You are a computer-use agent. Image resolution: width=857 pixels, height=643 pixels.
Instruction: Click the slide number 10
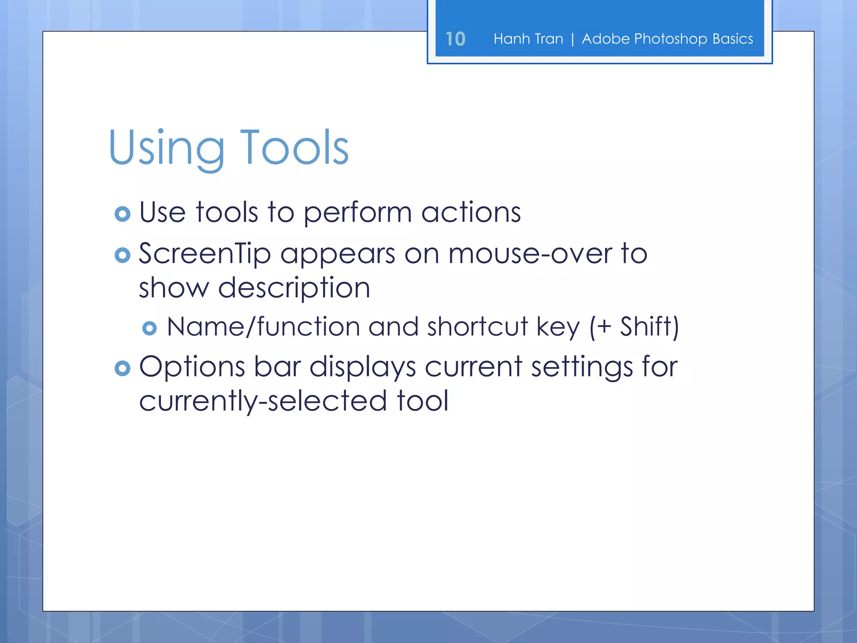pyautogui.click(x=455, y=39)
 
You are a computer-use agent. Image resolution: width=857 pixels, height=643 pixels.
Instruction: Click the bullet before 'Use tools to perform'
pyautogui.click(x=123, y=214)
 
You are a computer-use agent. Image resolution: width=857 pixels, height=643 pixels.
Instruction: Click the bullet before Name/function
pyautogui.click(x=149, y=328)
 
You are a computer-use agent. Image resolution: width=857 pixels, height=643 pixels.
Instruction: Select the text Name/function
pyautogui.click(x=263, y=327)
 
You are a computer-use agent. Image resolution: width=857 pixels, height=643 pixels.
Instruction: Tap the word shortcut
pyautogui.click(x=477, y=327)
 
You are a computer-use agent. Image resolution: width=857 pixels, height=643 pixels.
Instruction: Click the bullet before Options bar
pyautogui.click(x=123, y=368)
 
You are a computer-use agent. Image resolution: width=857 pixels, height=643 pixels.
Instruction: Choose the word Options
pyautogui.click(x=192, y=367)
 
